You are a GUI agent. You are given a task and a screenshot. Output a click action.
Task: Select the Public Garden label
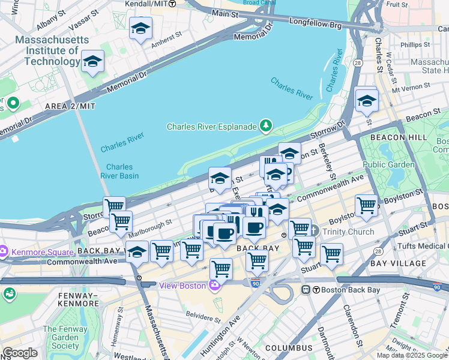coord(388,164)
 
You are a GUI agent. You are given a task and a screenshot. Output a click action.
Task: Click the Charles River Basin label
coord(122,171)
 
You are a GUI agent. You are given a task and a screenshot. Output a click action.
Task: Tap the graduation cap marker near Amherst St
coord(141,28)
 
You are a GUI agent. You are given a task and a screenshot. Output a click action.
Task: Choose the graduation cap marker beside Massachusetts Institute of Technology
coord(92,61)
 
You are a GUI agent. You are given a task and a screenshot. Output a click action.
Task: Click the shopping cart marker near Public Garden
coord(366,206)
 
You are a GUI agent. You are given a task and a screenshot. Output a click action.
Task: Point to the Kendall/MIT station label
coord(146,4)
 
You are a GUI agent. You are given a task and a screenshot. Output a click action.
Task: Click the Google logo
coord(20,353)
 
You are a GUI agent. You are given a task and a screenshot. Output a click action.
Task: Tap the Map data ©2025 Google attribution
coord(411,355)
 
